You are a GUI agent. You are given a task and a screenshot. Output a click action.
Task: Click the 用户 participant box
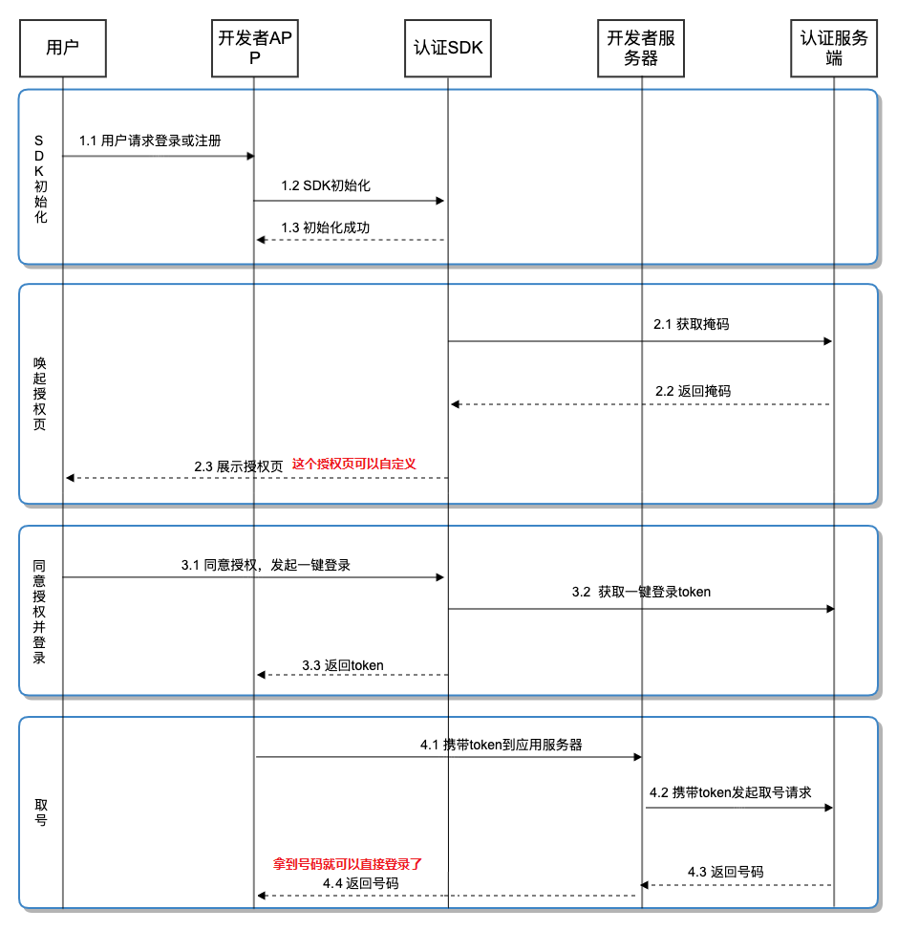pyautogui.click(x=62, y=47)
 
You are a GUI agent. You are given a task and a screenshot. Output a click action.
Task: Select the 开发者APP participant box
pyautogui.click(x=253, y=47)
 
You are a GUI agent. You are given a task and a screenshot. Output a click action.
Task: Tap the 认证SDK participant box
pyautogui.click(x=448, y=47)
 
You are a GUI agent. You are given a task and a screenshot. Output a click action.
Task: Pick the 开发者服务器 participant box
pyautogui.click(x=641, y=47)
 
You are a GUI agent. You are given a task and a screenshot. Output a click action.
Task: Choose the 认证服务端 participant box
pyautogui.click(x=834, y=47)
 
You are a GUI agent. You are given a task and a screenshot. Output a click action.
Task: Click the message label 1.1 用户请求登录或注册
pyautogui.click(x=150, y=141)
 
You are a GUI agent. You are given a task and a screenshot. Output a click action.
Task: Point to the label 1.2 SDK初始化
pyautogui.click(x=326, y=185)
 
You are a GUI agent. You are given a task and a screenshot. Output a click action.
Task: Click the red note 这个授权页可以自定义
pyautogui.click(x=354, y=464)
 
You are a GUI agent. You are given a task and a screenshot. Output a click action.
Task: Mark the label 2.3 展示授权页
pyautogui.click(x=239, y=466)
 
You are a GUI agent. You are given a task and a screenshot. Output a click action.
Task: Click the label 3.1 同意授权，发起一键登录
pyautogui.click(x=267, y=565)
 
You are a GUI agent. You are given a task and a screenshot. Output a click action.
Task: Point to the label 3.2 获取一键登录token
pyautogui.click(x=641, y=592)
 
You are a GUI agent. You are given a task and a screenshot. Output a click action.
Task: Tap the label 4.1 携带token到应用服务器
pyautogui.click(x=502, y=745)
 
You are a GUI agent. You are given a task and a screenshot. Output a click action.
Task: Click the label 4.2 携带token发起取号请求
pyautogui.click(x=731, y=792)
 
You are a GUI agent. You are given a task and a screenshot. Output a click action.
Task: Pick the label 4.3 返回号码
pyautogui.click(x=725, y=872)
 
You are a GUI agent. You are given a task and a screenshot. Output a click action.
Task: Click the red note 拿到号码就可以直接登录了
pyautogui.click(x=348, y=863)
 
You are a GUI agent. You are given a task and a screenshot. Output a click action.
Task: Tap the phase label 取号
pyautogui.click(x=40, y=812)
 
